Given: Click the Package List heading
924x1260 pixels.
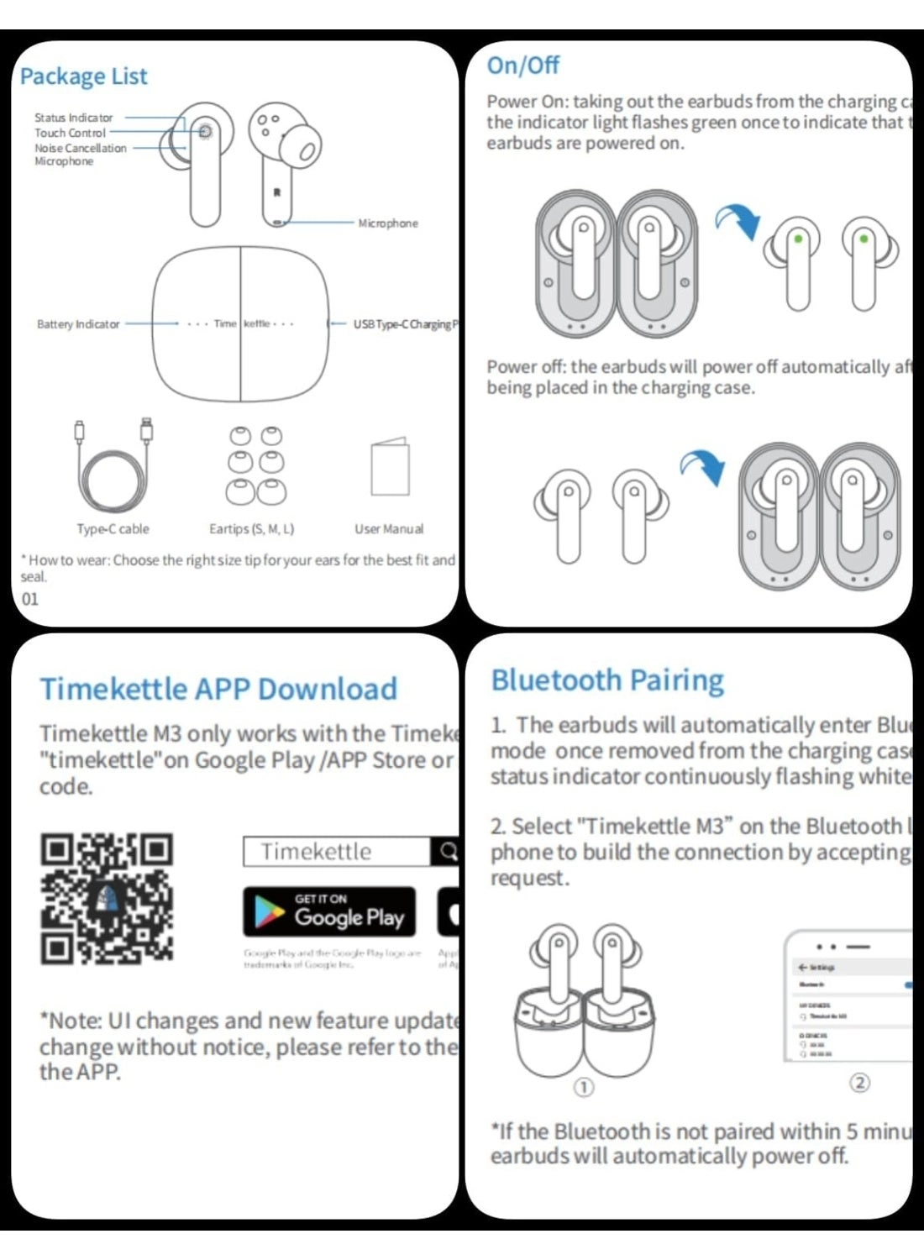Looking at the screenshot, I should click(83, 76).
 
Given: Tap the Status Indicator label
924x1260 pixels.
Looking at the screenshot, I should click(73, 118).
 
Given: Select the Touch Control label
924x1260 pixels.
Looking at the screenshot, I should click(70, 133).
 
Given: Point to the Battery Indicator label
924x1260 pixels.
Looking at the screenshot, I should click(78, 324).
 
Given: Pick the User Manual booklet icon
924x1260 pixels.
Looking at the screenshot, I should click(390, 467).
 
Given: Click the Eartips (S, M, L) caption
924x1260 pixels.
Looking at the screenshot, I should click(251, 529).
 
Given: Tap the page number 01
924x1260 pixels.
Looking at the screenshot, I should click(30, 599).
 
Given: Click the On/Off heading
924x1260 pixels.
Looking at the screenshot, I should click(522, 66).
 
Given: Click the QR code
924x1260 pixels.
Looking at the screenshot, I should click(107, 898).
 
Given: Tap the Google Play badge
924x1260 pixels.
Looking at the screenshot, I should click(329, 912).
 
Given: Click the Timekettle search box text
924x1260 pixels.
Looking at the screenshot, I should click(316, 852).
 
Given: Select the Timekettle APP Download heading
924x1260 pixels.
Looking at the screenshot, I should click(218, 689).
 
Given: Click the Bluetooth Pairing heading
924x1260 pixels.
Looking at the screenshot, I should click(607, 680).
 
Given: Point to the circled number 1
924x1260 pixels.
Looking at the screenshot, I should click(583, 1087).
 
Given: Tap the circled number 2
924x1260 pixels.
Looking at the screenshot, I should click(859, 1083).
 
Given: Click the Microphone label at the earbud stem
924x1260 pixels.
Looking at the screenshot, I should click(387, 223).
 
